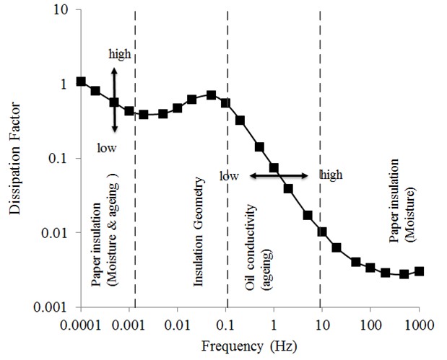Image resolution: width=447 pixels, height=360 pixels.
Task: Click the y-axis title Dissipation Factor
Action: click(x=15, y=159)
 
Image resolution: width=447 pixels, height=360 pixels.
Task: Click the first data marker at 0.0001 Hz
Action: click(x=81, y=82)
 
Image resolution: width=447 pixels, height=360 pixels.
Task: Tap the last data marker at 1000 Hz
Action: click(x=420, y=271)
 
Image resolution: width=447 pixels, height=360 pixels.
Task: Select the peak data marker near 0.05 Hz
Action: click(x=211, y=95)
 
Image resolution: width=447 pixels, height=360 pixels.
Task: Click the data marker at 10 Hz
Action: click(x=322, y=232)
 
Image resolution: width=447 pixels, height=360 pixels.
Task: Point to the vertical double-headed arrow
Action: click(x=114, y=100)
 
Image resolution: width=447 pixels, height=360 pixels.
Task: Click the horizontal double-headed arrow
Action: click(x=279, y=175)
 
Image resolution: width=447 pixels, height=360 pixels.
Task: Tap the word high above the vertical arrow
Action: click(x=120, y=54)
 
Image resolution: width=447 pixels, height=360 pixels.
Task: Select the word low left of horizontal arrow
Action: click(x=229, y=175)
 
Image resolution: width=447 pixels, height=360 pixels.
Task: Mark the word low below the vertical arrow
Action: click(x=106, y=147)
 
